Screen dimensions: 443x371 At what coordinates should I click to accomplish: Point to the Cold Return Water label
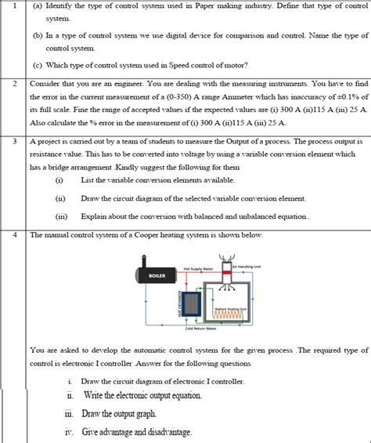(x=200, y=329)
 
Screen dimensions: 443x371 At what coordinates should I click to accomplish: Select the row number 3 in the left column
(x=15, y=142)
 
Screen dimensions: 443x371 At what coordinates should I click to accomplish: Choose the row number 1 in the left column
(x=15, y=5)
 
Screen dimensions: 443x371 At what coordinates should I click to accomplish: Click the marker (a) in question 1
(x=37, y=5)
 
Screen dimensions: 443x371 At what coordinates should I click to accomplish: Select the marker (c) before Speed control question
(x=37, y=64)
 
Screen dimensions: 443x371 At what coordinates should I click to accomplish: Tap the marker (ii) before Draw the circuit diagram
(x=59, y=199)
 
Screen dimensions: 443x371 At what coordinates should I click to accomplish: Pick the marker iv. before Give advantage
(x=70, y=431)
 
